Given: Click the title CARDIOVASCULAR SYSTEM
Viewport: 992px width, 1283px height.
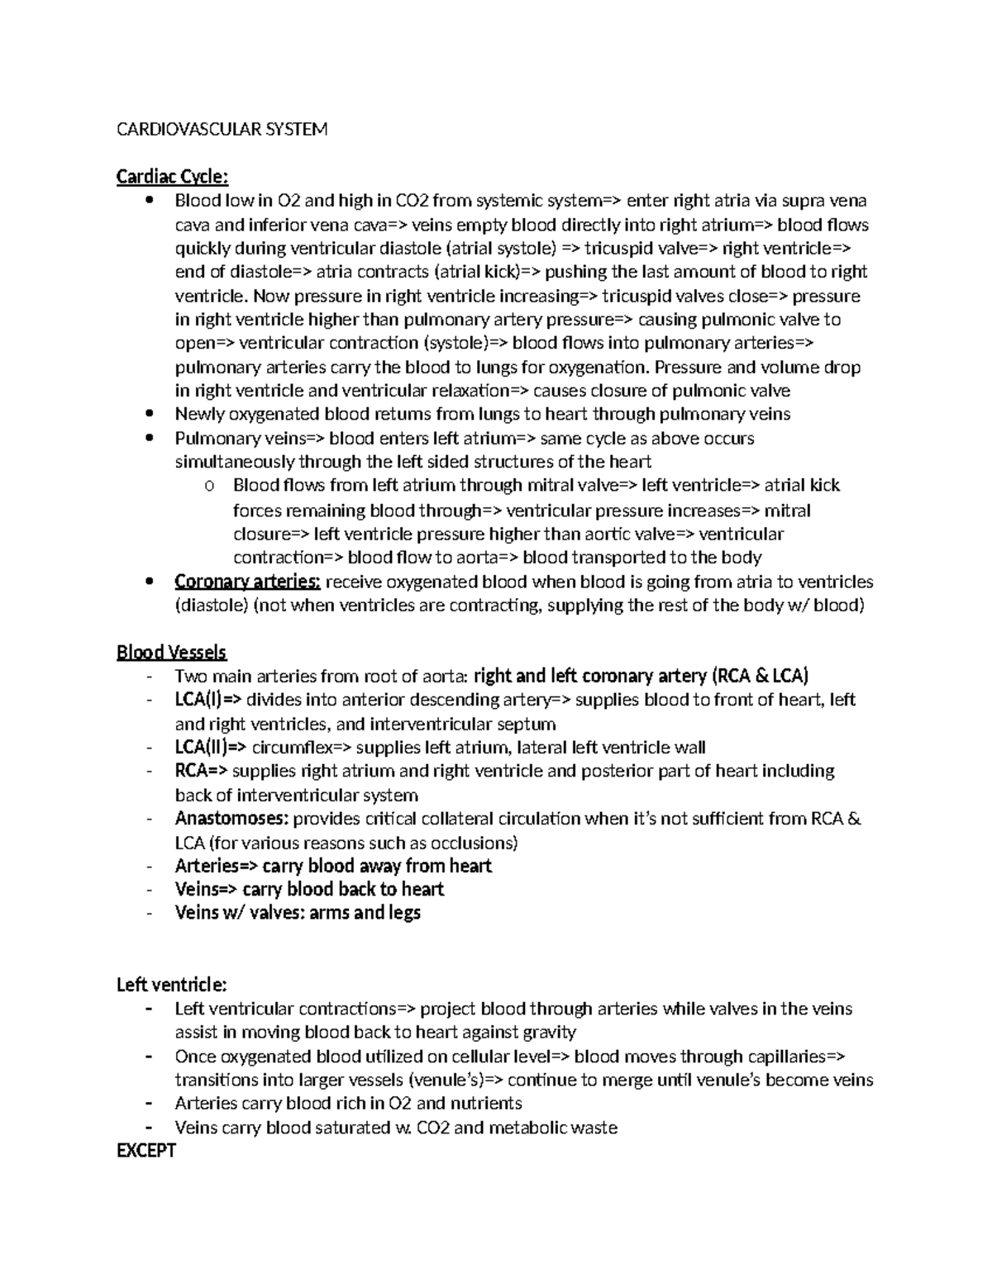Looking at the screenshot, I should (x=222, y=129).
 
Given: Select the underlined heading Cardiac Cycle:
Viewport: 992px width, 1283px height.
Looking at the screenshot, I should (x=172, y=177).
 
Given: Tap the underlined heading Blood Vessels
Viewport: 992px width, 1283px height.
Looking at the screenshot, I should (x=171, y=653).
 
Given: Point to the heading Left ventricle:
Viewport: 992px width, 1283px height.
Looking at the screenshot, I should (x=171, y=985).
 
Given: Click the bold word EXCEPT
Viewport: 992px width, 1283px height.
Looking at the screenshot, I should (x=146, y=1151).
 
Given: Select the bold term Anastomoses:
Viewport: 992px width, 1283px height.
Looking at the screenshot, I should (x=231, y=819).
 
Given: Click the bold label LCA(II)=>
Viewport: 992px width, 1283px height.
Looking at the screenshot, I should (x=210, y=748).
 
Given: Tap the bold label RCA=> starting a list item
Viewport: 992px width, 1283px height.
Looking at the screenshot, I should (x=201, y=771).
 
